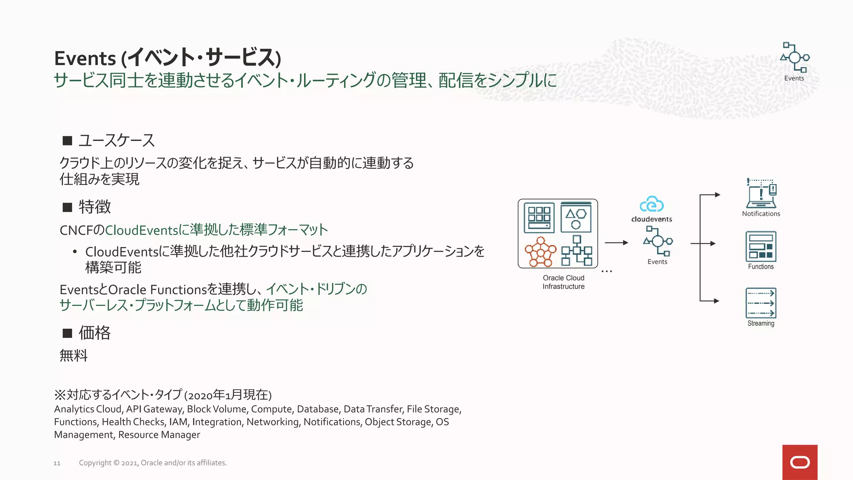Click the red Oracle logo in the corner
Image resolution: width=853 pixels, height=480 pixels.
click(800, 462)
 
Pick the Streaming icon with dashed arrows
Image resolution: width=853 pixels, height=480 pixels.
click(761, 303)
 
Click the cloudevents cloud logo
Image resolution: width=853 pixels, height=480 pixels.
click(651, 205)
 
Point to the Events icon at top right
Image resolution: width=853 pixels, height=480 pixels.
click(795, 57)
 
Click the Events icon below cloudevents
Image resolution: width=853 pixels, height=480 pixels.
click(658, 241)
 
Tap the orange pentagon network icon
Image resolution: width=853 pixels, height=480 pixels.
click(540, 252)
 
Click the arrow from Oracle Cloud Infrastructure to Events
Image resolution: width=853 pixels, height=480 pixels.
click(616, 242)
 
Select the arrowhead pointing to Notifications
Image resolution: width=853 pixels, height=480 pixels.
click(717, 195)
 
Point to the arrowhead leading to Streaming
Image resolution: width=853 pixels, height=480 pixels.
click(716, 301)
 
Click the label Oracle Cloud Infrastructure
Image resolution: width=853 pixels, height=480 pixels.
click(564, 282)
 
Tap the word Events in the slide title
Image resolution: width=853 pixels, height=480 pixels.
click(85, 58)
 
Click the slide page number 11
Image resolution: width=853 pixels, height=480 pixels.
click(57, 463)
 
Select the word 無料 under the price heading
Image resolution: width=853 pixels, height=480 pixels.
click(74, 355)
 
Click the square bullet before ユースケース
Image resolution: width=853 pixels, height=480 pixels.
click(67, 140)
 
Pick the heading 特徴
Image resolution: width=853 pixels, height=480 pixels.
click(95, 207)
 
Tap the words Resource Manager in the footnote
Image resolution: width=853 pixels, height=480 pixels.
click(159, 435)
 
